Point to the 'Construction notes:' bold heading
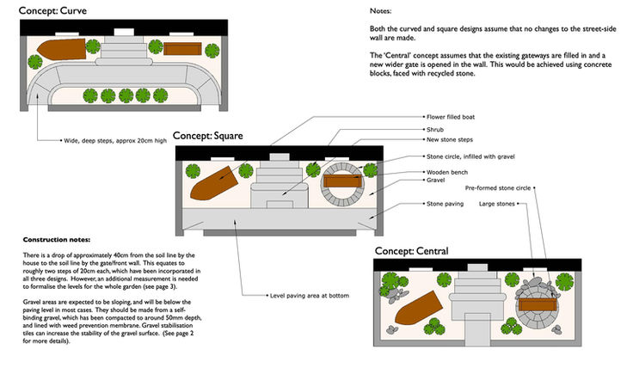(56, 238)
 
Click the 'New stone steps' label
(452, 140)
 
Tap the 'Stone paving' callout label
(446, 204)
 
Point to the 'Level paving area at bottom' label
(310, 295)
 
